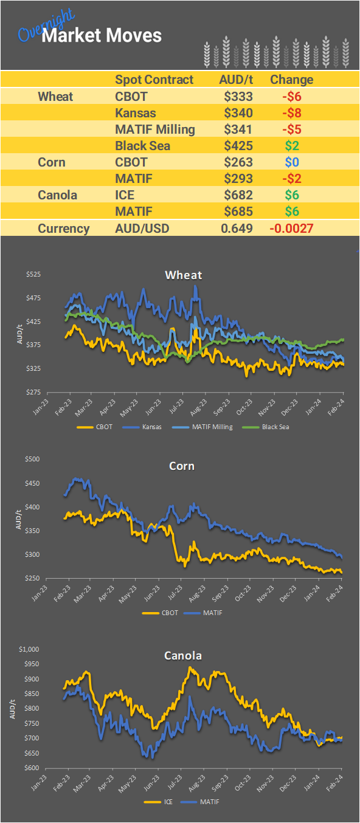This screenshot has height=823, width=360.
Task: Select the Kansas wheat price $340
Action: [x=238, y=113]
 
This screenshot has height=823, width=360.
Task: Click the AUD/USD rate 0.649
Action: [x=237, y=229]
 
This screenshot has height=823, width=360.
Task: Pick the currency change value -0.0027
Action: [x=291, y=229]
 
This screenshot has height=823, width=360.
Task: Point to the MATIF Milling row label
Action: [x=155, y=129]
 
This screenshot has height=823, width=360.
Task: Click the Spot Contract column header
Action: [x=154, y=80]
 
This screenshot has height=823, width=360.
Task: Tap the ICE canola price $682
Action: [x=238, y=196]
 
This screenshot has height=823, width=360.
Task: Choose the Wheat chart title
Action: [x=184, y=275]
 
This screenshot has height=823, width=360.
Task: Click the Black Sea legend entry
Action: [x=275, y=427]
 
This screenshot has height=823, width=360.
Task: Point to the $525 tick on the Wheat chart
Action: [x=33, y=275]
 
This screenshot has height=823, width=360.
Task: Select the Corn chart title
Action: [x=182, y=466]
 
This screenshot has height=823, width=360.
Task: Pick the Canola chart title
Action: [x=183, y=656]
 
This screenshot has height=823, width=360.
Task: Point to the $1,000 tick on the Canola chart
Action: [x=29, y=649]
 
